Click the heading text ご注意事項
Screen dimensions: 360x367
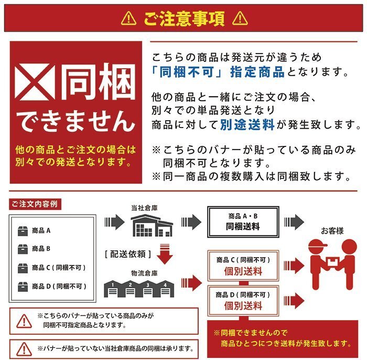[184, 19]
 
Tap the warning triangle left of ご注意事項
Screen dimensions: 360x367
[128, 19]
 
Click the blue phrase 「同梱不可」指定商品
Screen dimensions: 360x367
[218, 72]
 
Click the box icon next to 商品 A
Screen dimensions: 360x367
[23, 230]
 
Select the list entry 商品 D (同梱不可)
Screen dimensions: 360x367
[58, 286]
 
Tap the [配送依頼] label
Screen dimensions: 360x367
[128, 254]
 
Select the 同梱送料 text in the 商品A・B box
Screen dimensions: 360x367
[243, 227]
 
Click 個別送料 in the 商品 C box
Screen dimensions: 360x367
[243, 272]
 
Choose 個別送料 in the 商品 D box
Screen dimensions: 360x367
[243, 305]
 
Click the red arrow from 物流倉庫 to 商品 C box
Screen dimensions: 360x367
[192, 283]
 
